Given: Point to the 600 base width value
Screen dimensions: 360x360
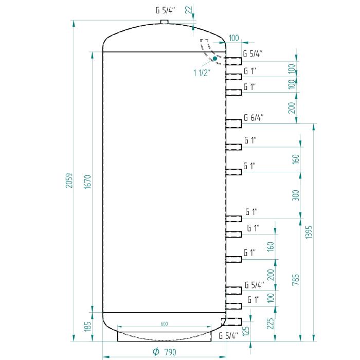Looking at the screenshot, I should (x=164, y=324).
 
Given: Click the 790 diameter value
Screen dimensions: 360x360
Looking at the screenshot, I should (x=170, y=352).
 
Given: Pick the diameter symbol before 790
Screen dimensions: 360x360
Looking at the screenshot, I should (x=156, y=352).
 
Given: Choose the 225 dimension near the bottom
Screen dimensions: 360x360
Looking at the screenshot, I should (x=271, y=323).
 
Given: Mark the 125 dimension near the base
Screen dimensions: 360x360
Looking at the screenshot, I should (x=246, y=331).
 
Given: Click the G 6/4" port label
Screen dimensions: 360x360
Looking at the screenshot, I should (x=254, y=118).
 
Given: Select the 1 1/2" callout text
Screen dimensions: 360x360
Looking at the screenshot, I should (x=202, y=73).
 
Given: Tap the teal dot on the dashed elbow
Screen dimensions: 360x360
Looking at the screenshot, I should (x=215, y=59).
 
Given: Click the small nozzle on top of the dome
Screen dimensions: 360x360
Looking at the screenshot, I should (x=165, y=22).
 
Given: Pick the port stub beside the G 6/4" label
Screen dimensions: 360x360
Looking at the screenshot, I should (x=233, y=123).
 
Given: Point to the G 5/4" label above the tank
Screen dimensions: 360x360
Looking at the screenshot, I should (x=165, y=10).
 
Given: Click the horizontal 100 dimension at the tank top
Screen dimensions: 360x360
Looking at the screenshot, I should (x=233, y=38).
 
